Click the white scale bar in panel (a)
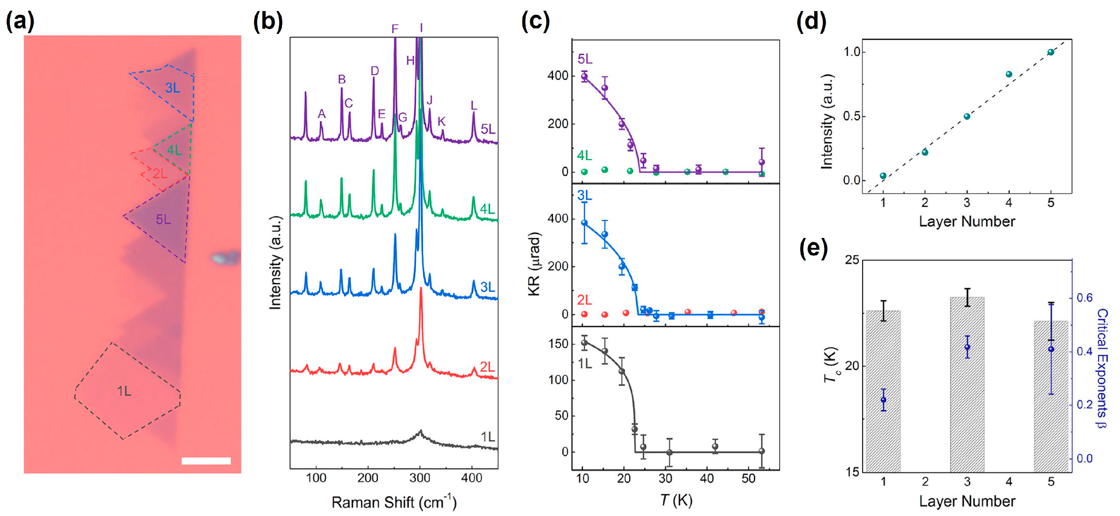pyautogui.click(x=206, y=461)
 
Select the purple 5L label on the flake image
pyautogui.click(x=164, y=220)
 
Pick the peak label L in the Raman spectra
pyautogui.click(x=473, y=106)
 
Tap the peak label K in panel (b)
pyautogui.click(x=441, y=122)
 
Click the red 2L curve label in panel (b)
pyautogui.click(x=487, y=367)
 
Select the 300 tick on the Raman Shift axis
pyautogui.click(x=420, y=478)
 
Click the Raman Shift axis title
pyautogui.click(x=393, y=502)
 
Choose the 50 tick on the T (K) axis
pyautogui.click(x=748, y=478)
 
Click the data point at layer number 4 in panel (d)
pyautogui.click(x=1009, y=74)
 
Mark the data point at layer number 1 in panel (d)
pyautogui.click(x=883, y=176)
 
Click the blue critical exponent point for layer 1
pyautogui.click(x=883, y=400)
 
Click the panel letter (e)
pyautogui.click(x=813, y=248)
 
